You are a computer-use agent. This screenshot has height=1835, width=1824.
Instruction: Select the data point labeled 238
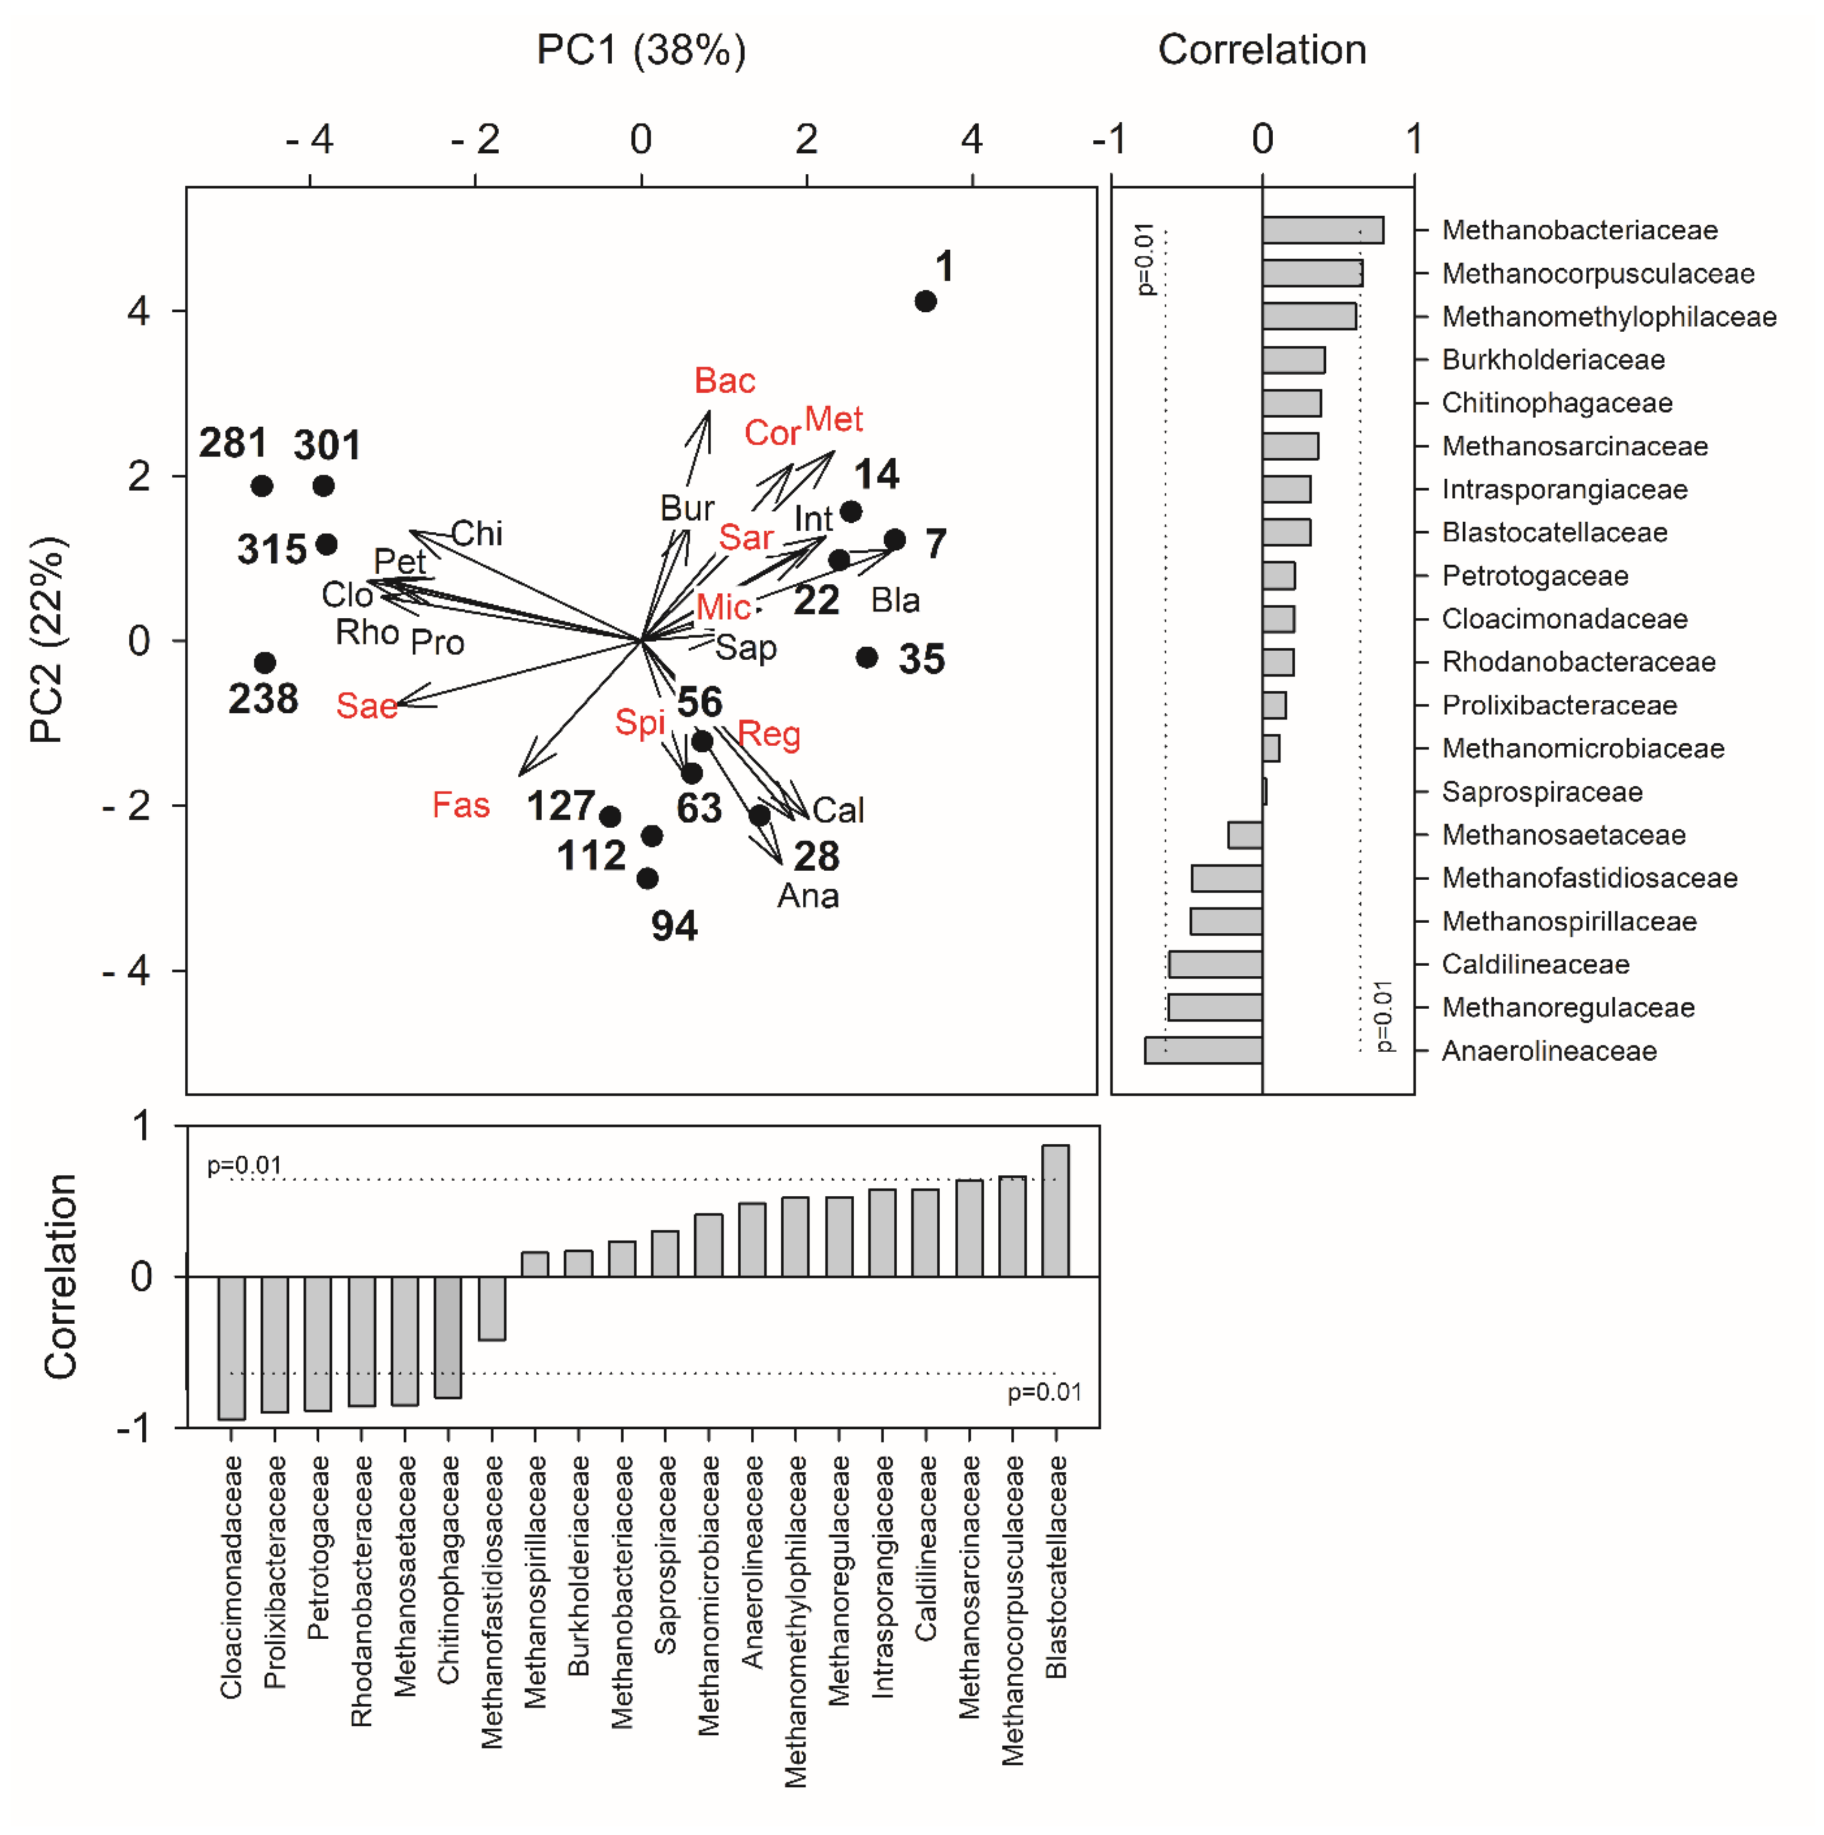[265, 662]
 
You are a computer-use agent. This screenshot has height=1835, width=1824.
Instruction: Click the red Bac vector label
[724, 381]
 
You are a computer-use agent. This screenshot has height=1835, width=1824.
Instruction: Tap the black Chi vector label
[477, 534]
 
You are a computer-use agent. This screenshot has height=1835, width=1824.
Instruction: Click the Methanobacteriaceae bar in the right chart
[1322, 230]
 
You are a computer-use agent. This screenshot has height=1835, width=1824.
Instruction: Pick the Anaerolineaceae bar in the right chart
[1204, 1051]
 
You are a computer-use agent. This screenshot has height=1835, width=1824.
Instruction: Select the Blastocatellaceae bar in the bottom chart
[1056, 1211]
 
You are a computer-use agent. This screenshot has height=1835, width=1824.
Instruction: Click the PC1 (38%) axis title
[641, 49]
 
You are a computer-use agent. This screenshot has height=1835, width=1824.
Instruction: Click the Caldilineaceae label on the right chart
[1535, 964]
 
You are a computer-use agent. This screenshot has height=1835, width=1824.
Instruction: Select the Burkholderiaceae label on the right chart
[1553, 360]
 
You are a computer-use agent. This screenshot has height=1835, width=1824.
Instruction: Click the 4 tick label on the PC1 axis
[971, 139]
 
